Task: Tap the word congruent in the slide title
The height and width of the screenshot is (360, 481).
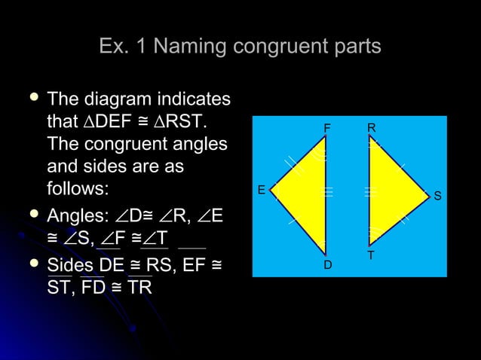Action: (279, 47)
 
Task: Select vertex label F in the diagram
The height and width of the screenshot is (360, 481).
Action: (326, 128)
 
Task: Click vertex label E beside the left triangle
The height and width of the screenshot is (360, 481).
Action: (261, 190)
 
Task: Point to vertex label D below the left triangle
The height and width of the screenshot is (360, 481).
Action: (327, 265)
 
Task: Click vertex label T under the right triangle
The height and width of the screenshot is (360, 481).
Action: (371, 256)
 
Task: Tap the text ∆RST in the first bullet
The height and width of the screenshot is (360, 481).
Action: (185, 122)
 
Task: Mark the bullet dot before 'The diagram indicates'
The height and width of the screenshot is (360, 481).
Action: (32, 99)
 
